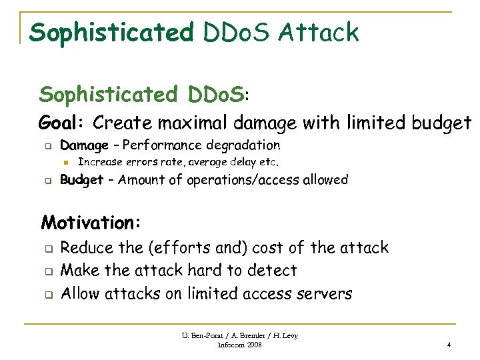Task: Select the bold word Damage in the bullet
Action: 84,145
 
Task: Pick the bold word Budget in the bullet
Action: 81,179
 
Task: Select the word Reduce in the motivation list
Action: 87,248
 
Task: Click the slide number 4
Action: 449,345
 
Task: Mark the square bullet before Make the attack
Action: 49,271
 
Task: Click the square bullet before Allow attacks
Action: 49,294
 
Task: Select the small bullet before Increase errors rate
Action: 66,162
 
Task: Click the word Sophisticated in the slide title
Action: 111,31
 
